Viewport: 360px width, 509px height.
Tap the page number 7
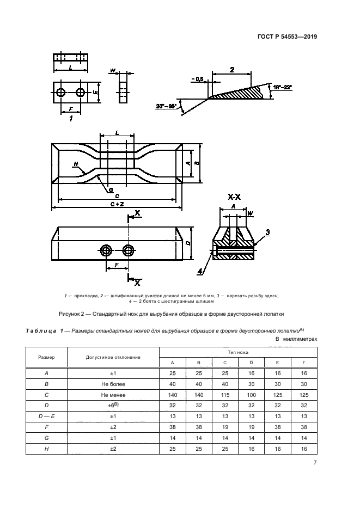tap(315, 463)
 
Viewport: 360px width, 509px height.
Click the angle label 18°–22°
tap(283, 87)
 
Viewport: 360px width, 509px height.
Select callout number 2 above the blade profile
tap(231, 70)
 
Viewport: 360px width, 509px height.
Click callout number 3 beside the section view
tap(267, 232)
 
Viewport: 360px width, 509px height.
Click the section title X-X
tap(234, 197)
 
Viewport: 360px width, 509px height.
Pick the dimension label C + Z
tap(116, 204)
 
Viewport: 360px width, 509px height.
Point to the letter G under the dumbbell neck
tap(111, 190)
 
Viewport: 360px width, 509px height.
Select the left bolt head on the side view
tap(106, 250)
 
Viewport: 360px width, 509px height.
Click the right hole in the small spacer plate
tap(81, 93)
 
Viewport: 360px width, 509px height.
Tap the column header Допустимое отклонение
tap(113, 357)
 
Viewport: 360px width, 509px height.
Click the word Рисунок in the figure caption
tap(71, 313)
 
